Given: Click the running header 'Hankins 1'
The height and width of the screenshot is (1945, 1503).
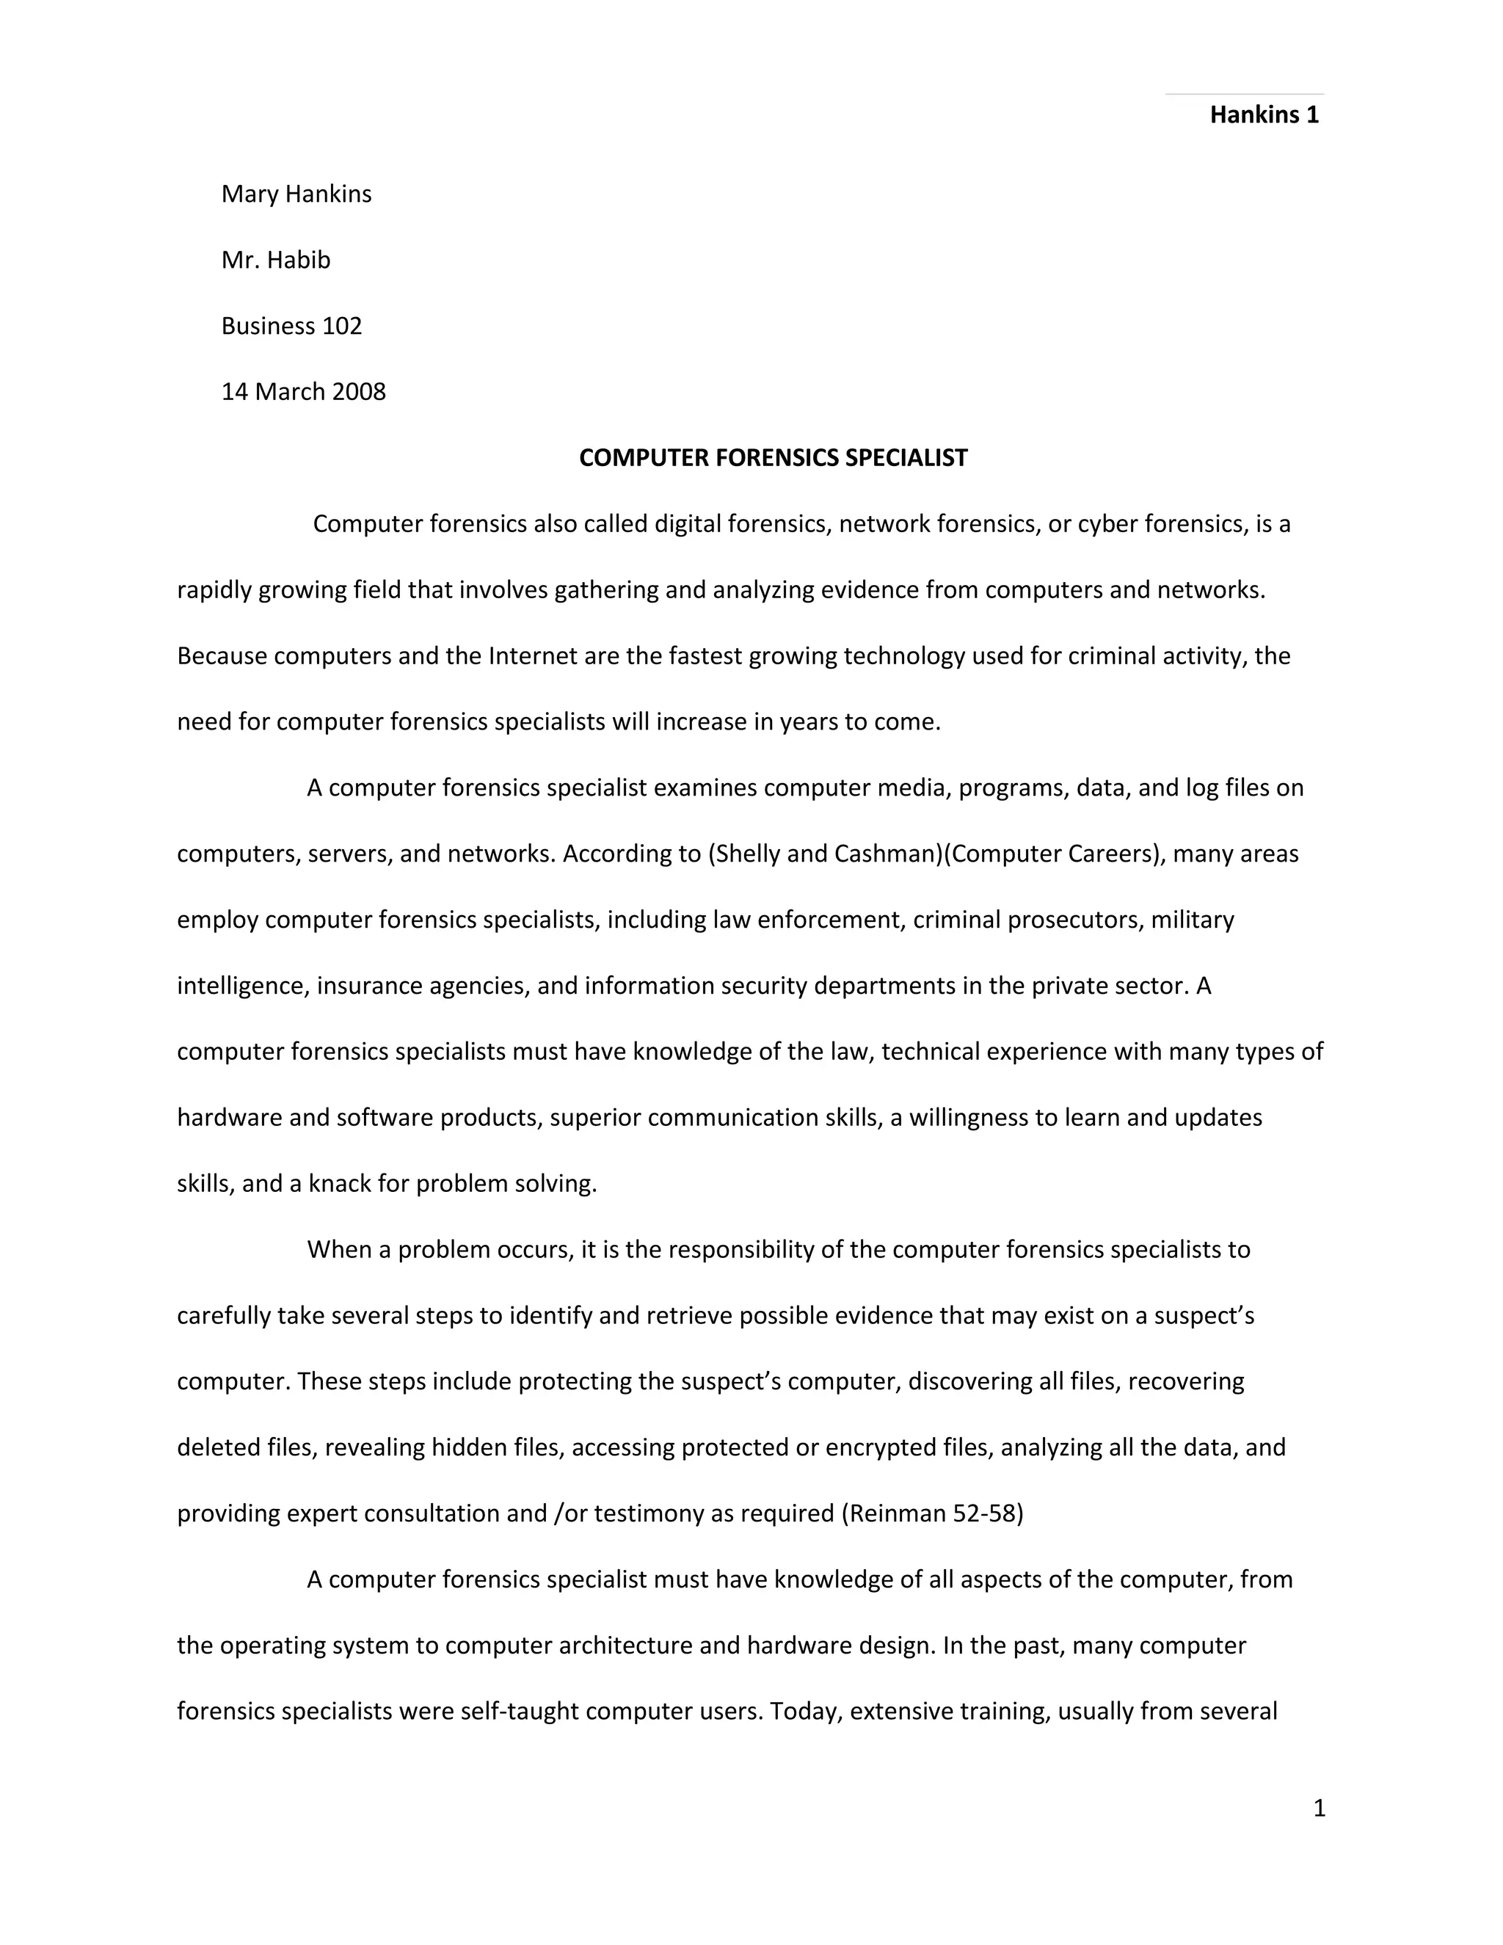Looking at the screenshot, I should (1264, 115).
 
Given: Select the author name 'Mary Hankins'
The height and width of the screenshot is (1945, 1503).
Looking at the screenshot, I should (296, 194).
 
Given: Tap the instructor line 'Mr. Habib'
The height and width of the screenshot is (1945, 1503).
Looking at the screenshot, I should (275, 260).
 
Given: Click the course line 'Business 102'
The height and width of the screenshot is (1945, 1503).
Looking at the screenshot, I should (291, 326).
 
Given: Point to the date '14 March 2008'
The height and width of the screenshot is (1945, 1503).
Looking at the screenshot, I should (303, 392).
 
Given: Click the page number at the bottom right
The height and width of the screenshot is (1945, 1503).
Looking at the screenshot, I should (1319, 1808).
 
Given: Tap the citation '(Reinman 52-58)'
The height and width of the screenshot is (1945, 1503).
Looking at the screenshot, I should (931, 1513).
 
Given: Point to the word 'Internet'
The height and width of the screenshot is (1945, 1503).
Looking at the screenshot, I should (533, 655).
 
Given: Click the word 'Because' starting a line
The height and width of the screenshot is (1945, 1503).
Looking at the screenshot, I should (222, 655).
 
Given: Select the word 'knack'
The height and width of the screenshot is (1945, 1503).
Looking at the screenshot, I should (338, 1184).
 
